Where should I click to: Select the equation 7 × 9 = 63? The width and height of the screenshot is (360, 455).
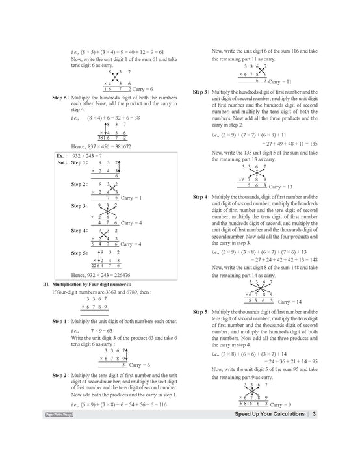click(x=100, y=330)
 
